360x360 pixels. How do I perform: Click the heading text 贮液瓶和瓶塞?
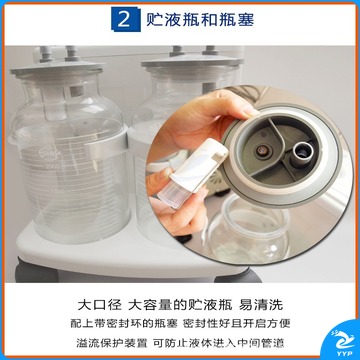click(200, 20)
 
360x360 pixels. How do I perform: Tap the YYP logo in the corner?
click(343, 341)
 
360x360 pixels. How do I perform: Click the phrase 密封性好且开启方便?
click(237, 323)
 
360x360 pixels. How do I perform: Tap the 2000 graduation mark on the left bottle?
click(52, 166)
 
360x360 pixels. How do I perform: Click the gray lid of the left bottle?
click(57, 68)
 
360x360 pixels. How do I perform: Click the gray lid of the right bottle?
click(192, 62)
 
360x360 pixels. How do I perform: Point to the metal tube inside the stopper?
click(303, 152)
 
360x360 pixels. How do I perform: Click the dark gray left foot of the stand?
click(36, 272)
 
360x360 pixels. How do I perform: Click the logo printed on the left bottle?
click(50, 154)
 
